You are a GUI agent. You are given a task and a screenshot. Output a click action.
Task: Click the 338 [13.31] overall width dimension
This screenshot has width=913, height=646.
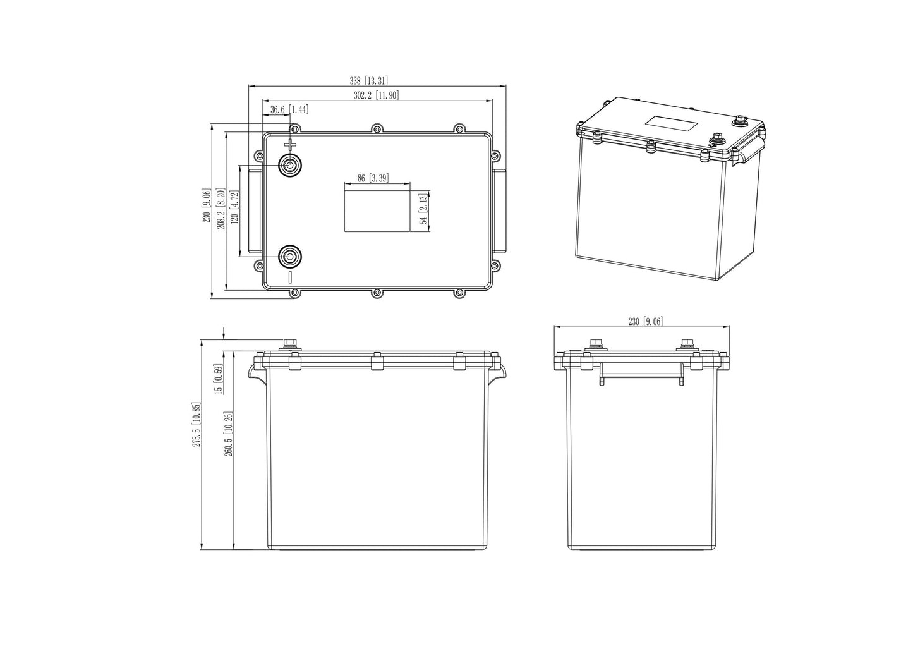point(368,81)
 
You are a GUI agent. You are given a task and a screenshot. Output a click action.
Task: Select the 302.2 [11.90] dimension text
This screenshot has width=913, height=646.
point(376,95)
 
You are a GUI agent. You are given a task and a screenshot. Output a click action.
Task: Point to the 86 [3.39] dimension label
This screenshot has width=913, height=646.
point(372,178)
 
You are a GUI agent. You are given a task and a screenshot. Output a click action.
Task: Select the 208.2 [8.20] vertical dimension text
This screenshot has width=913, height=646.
point(221,208)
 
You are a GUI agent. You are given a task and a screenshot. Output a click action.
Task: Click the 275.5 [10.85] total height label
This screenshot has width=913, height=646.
point(197,425)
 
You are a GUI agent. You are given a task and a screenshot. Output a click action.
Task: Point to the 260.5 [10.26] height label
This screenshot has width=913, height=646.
point(228,434)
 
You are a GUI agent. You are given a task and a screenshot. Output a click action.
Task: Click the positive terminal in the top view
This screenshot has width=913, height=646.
point(291,166)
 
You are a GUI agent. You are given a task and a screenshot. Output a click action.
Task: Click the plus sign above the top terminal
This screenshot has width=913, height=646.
point(291,145)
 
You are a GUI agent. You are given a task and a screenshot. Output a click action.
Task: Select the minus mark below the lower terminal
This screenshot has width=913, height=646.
point(291,277)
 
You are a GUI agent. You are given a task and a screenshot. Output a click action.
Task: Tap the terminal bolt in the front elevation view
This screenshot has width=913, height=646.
point(291,344)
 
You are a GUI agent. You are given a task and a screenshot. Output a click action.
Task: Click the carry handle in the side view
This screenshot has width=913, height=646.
point(641,372)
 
